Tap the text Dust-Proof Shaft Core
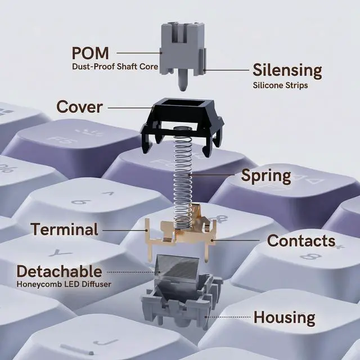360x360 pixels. (115, 67)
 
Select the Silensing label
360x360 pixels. (287, 71)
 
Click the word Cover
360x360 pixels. (79, 106)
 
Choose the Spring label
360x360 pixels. (266, 175)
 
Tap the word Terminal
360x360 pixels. (64, 229)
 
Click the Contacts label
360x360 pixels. (301, 241)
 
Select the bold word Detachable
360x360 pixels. (59, 271)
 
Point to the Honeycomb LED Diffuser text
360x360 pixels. (64, 284)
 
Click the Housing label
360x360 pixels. (284, 317)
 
